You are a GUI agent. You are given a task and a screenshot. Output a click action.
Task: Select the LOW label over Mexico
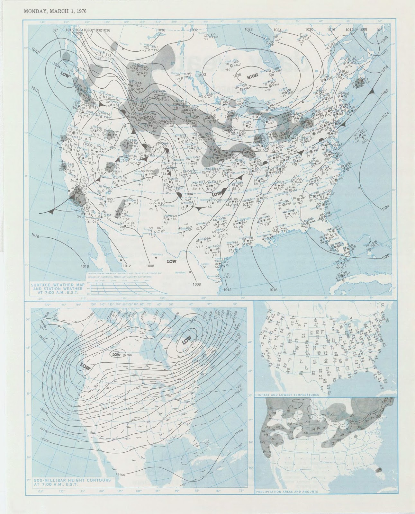point(172,261)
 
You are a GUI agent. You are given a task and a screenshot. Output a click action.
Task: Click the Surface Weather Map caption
point(57,287)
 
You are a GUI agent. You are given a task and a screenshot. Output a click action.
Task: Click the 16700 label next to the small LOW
point(128,355)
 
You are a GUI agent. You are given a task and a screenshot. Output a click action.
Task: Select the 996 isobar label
point(112,148)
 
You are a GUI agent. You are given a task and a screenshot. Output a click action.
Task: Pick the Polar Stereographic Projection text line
point(124,273)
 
